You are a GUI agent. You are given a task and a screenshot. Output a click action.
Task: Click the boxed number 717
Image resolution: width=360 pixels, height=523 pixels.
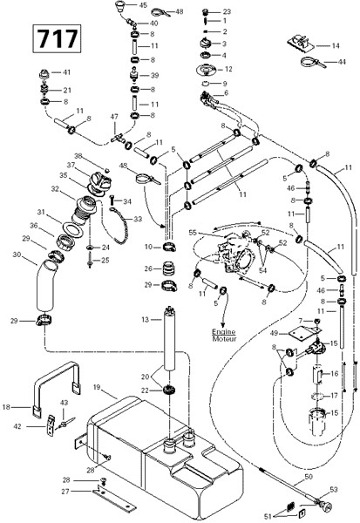click(x=57, y=38)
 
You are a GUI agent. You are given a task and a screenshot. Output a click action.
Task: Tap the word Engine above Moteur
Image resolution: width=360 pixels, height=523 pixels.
click(x=224, y=332)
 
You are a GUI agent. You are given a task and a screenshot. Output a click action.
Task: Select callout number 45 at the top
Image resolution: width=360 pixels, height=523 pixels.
click(x=143, y=5)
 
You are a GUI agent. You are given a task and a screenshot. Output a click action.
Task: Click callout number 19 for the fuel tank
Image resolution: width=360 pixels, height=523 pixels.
click(x=97, y=387)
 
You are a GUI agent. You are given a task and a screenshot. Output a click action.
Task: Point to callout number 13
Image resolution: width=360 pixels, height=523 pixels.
click(x=145, y=320)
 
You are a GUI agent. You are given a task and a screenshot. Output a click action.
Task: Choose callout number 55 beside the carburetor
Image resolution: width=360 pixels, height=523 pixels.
click(x=193, y=233)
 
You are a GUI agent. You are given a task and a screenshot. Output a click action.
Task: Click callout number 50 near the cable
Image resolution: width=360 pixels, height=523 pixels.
click(x=309, y=477)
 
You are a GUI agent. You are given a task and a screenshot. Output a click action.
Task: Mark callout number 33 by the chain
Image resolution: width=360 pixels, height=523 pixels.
click(x=138, y=219)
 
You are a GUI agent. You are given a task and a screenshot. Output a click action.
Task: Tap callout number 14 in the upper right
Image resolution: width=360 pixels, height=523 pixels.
click(x=336, y=45)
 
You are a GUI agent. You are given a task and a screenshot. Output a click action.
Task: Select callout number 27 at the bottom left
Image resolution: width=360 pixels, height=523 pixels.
click(x=65, y=492)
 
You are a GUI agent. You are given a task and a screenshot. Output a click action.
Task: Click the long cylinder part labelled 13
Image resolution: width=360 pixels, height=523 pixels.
click(x=170, y=338)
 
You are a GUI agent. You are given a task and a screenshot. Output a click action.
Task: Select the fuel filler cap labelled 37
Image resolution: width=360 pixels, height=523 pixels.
click(x=99, y=181)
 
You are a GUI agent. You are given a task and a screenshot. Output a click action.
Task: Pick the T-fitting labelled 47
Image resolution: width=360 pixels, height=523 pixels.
click(x=117, y=137)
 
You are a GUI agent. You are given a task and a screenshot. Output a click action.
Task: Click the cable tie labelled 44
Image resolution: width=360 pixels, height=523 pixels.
click(x=314, y=63)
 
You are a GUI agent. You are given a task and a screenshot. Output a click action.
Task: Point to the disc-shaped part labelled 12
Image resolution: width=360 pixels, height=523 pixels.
click(x=207, y=70)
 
